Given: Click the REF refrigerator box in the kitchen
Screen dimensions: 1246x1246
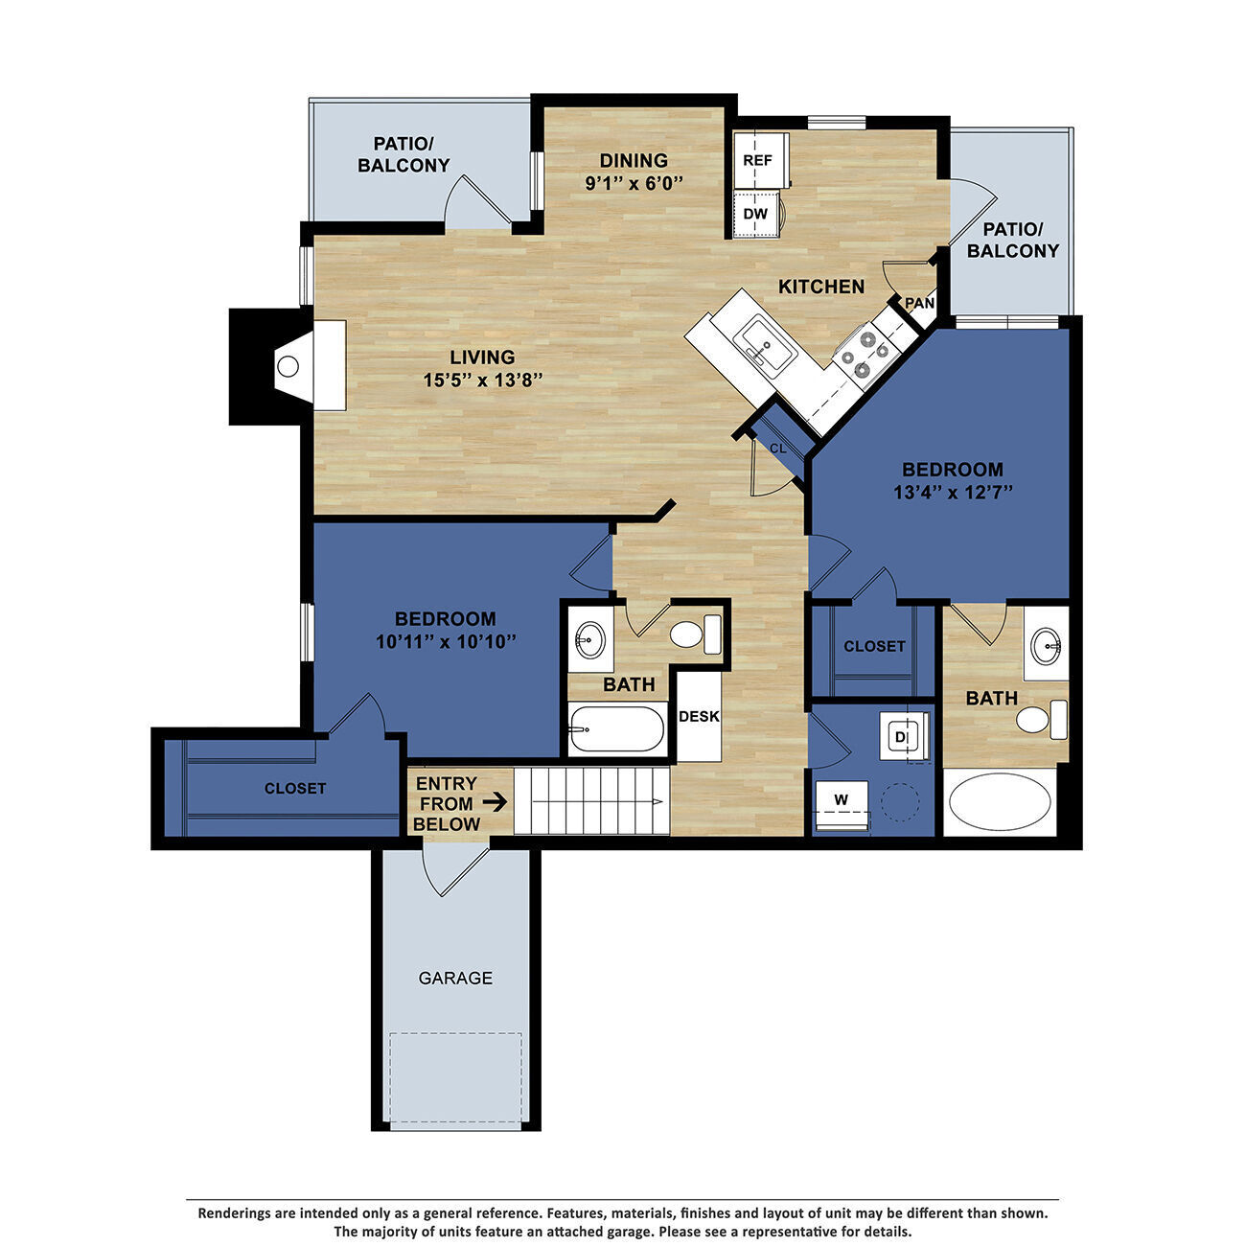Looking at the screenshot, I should (758, 160).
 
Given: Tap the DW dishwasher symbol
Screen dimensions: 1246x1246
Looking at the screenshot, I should (756, 213).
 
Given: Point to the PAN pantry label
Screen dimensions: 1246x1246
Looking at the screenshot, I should (919, 303).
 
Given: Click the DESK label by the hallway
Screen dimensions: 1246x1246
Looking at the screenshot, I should (699, 716).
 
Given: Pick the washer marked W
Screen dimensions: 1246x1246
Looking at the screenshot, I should (842, 799).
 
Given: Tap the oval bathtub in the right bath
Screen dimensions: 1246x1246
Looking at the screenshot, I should (999, 802).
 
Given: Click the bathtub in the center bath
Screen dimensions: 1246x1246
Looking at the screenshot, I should (616, 728).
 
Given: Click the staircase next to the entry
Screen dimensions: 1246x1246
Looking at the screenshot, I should (590, 800).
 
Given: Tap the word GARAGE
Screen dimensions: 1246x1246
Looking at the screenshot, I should (455, 979).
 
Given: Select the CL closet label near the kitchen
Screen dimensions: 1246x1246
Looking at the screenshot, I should (777, 448).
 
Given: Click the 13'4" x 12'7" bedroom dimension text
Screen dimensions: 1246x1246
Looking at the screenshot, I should (953, 492).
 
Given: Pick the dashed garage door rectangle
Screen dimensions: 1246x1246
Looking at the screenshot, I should (455, 1077).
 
